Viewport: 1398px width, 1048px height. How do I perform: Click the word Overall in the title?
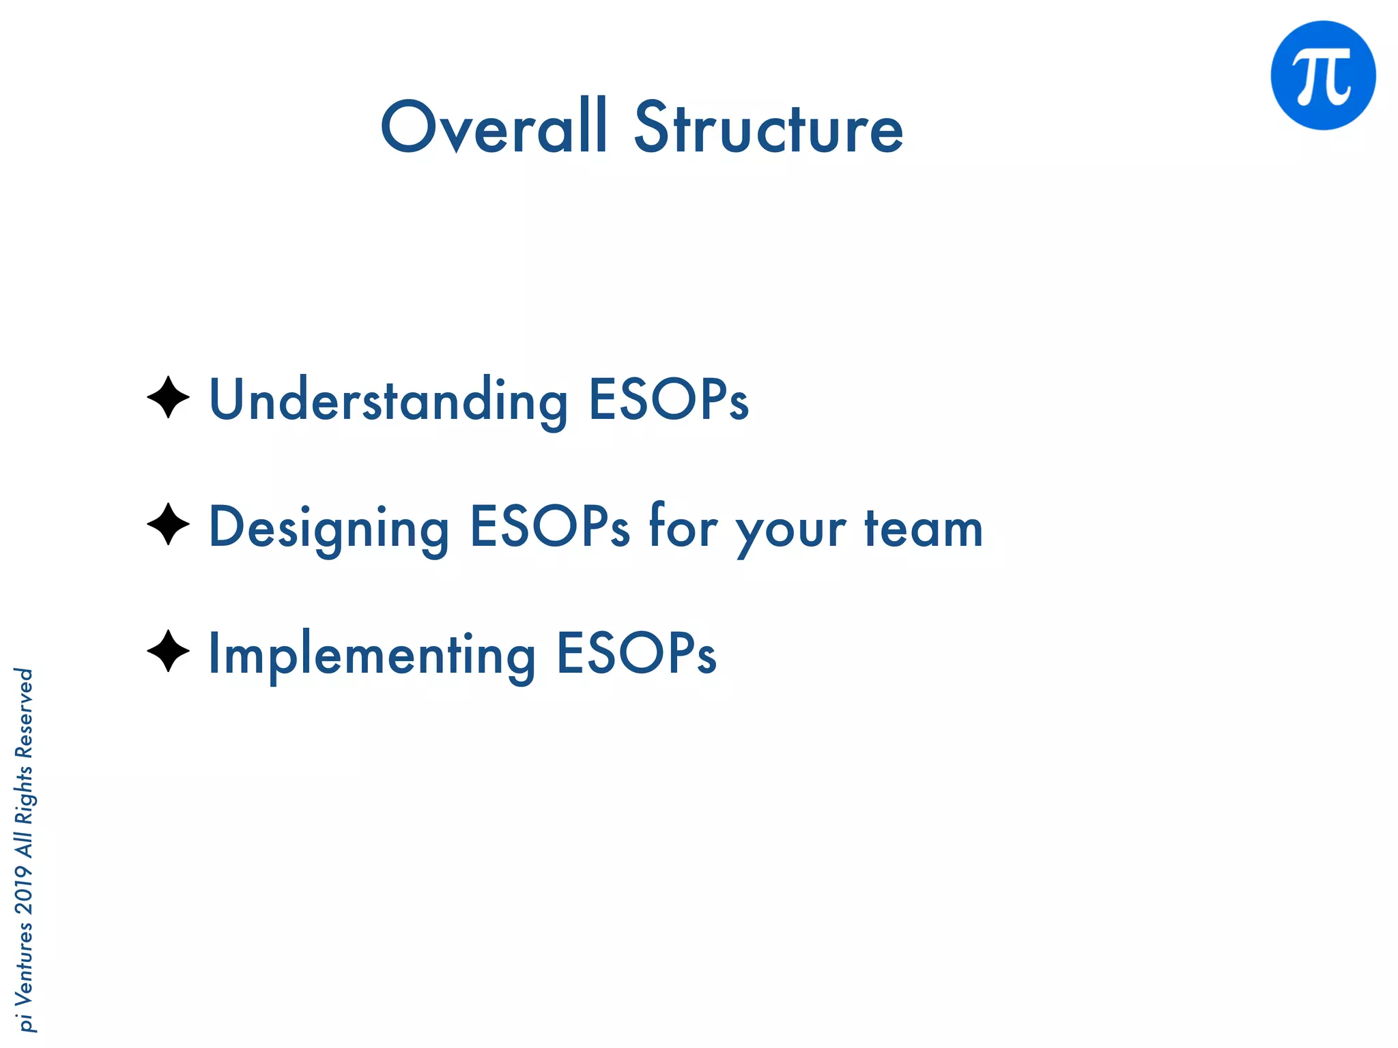pos(493,128)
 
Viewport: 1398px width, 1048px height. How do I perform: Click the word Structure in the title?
pos(769,128)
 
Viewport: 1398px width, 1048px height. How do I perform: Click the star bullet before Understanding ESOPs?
pos(168,397)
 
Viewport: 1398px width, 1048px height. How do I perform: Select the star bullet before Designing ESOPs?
pos(168,524)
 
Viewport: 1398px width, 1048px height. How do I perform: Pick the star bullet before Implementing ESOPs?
pos(168,651)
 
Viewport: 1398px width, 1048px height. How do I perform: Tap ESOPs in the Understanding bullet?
pos(668,399)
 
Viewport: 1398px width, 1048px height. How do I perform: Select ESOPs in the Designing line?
pos(550,527)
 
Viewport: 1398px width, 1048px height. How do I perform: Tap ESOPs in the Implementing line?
pos(636,654)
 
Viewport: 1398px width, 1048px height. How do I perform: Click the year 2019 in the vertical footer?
pos(25,890)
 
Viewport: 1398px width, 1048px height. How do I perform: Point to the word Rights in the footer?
pos(25,795)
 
